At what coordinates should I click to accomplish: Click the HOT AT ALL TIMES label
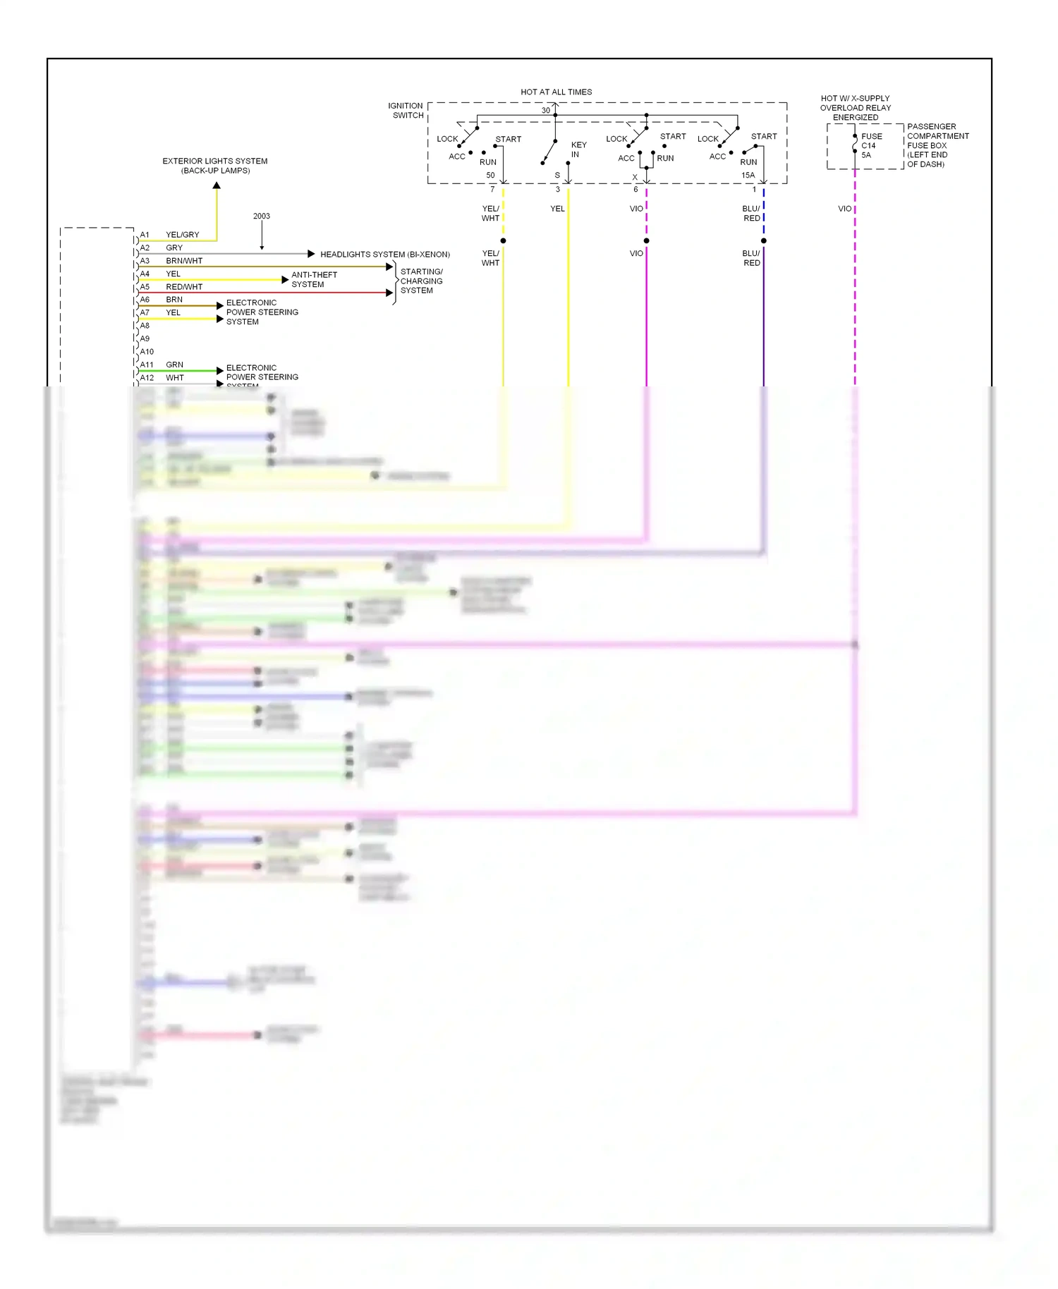coord(556,92)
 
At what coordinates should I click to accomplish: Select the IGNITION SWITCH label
coord(406,111)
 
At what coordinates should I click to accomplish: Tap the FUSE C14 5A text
coord(871,145)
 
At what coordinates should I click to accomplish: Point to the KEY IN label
coord(578,149)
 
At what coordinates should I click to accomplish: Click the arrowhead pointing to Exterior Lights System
coord(217,185)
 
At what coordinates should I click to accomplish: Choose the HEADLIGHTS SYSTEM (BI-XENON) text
coord(385,254)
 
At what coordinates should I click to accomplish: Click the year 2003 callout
coord(261,216)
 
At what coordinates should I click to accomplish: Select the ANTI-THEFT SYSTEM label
coord(314,279)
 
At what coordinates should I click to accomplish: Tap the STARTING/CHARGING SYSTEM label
coord(421,281)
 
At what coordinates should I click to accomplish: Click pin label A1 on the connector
coord(145,235)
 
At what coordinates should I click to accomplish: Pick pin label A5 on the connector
coord(145,287)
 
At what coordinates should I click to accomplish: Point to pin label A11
coord(146,365)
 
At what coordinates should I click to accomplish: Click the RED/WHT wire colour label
coord(184,287)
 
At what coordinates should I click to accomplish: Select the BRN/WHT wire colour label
coord(184,261)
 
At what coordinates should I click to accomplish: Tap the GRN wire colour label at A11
coord(174,365)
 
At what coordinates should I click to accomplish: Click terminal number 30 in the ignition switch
coord(545,110)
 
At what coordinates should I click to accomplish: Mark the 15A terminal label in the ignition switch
coord(748,175)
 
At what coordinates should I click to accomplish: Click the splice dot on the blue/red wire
coord(763,240)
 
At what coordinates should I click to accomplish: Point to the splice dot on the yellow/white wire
coord(503,240)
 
